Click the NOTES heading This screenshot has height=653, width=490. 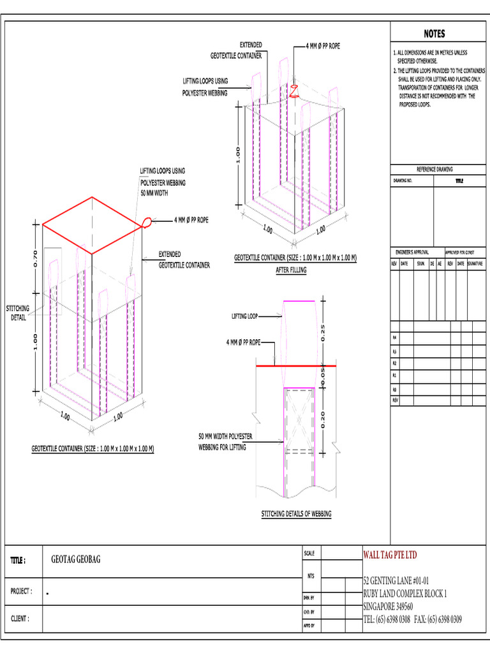(434, 34)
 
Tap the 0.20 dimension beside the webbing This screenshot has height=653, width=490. (323, 419)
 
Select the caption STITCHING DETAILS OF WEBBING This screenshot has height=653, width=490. (296, 513)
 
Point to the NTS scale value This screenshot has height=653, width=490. (311, 576)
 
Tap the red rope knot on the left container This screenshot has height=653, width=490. (147, 223)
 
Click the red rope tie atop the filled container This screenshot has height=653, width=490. (294, 90)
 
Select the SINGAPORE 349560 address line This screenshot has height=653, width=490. (388, 606)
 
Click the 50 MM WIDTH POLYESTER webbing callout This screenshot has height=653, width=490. (226, 441)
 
